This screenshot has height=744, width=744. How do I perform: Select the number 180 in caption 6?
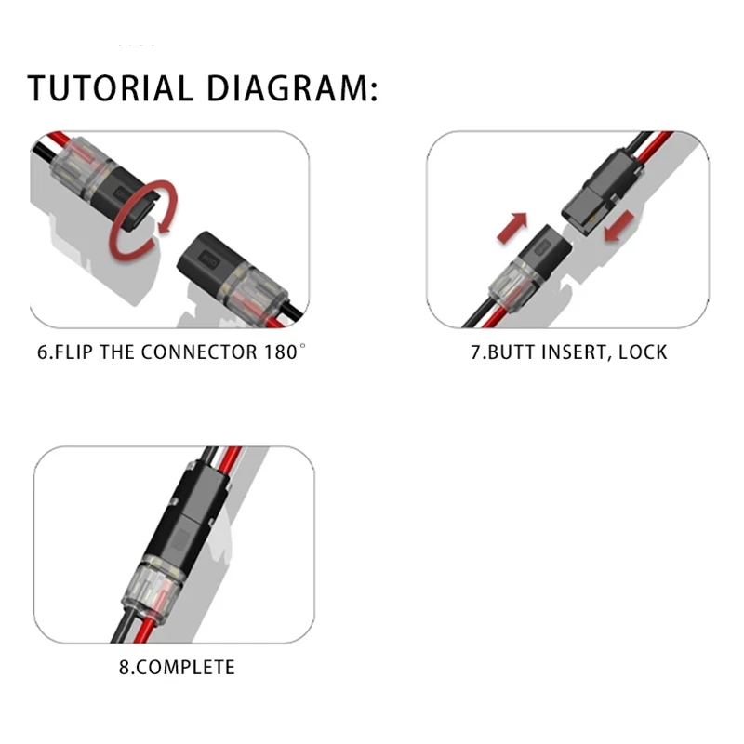point(280,352)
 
